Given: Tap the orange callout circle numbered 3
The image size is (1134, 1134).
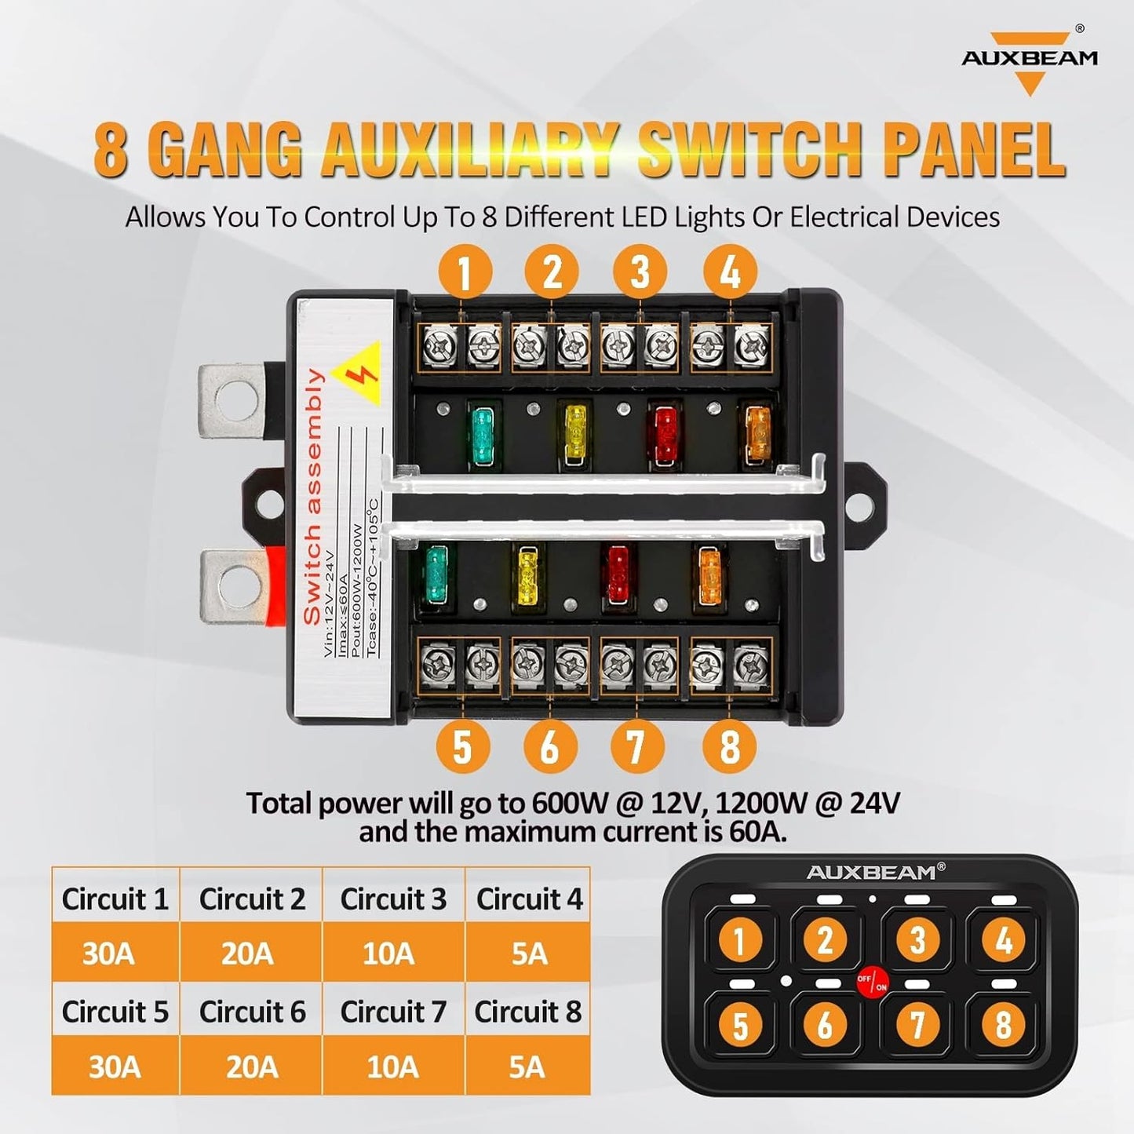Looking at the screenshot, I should point(640,272).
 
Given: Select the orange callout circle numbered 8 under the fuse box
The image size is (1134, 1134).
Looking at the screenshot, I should point(729,745).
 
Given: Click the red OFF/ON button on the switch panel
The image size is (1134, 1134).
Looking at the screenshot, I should point(871,983).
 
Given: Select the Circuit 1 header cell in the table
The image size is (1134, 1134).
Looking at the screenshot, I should point(115,899).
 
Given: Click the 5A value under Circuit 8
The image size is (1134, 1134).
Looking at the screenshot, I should point(527,1067).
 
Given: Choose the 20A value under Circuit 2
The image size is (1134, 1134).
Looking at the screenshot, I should point(247,954).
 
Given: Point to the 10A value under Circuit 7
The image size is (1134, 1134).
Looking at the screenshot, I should point(392,1067).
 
